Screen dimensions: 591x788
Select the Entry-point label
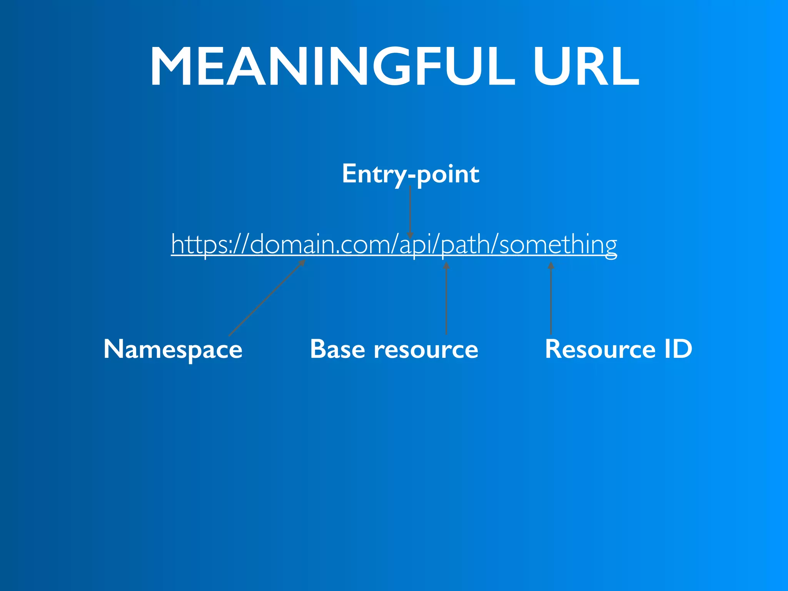coord(411,174)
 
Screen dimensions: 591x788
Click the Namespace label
coord(173,349)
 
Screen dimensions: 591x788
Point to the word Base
coord(337,349)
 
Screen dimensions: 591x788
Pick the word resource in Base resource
coord(426,349)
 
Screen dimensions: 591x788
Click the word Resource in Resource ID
coord(600,349)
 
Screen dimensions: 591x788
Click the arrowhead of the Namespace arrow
coord(302,263)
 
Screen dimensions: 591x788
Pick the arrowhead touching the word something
coord(551,265)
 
